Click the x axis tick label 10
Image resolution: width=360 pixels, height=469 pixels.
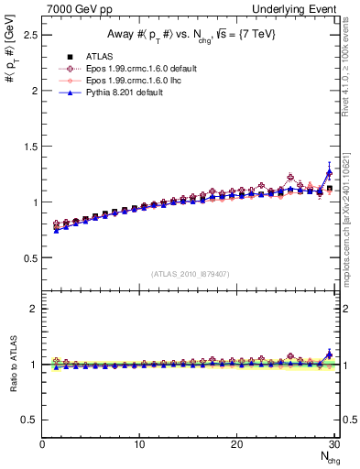pyautogui.click(x=139, y=444)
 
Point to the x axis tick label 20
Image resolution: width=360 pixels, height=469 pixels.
pyautogui.click(x=236, y=444)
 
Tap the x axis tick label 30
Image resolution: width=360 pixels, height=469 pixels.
pyautogui.click(x=333, y=444)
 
